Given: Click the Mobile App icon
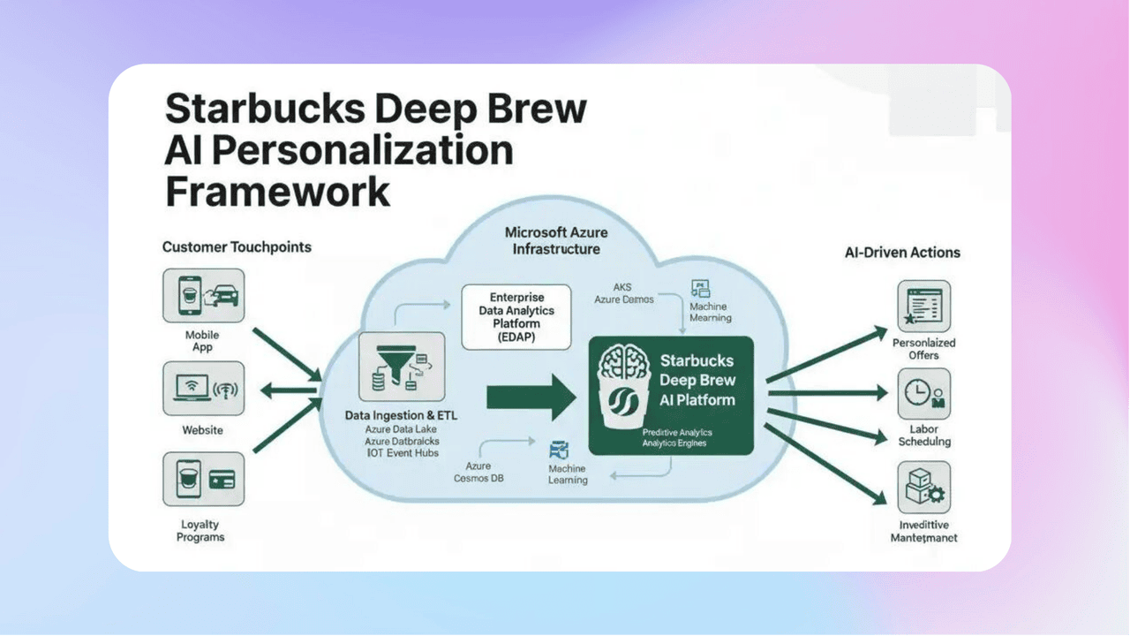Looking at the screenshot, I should click(203, 295).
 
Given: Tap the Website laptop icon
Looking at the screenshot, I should click(203, 388).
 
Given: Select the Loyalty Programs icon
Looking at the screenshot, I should click(203, 479).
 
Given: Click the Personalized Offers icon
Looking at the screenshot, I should click(923, 307).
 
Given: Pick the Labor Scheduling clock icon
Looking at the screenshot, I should click(923, 394).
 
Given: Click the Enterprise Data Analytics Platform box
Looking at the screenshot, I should click(511, 316).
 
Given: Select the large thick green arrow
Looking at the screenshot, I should click(531, 396).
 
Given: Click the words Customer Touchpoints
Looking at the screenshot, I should click(237, 247).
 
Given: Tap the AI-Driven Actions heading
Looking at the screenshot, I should click(902, 253).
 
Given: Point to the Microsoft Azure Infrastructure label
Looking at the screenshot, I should click(556, 240).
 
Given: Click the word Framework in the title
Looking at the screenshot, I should click(277, 191).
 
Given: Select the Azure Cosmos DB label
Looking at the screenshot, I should click(478, 472).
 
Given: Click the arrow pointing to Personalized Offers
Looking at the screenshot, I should click(826, 356).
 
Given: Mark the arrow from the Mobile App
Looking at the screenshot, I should click(286, 353).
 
